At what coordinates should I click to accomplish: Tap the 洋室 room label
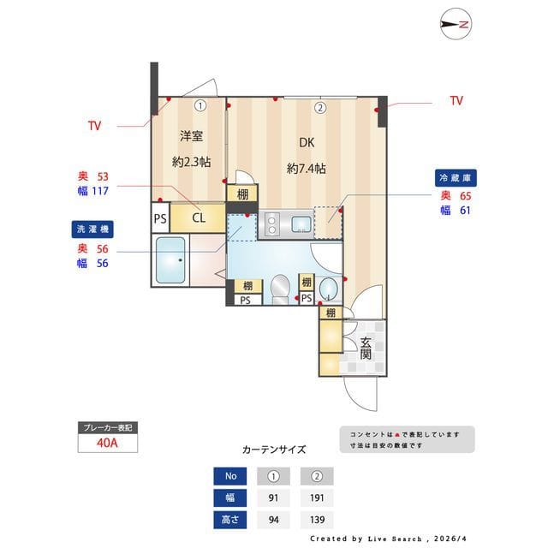point(191,136)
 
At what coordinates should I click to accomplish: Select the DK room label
point(306,143)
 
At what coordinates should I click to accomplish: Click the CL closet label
point(198,217)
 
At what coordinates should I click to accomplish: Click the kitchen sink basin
point(301,225)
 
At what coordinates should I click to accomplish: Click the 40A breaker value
point(107,444)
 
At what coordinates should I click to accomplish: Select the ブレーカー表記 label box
point(107,426)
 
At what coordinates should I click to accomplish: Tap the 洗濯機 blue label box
point(92,229)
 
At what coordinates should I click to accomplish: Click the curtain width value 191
point(316,498)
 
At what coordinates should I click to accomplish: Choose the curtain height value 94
point(274,520)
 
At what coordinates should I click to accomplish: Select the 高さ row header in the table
point(229,520)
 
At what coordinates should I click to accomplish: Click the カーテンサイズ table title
point(274,450)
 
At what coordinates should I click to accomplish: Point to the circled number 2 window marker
point(319,108)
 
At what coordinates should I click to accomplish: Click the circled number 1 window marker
point(200,107)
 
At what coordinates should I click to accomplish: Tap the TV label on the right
point(456,101)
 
